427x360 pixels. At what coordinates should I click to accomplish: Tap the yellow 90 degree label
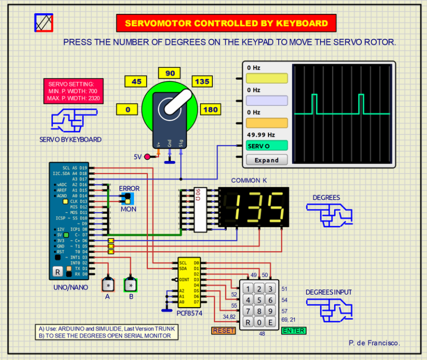[x=170, y=73]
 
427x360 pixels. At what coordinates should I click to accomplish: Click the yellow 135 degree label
[x=202, y=82]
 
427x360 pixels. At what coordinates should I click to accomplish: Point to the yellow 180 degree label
[x=211, y=109]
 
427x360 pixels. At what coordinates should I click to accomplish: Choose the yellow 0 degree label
[x=127, y=109]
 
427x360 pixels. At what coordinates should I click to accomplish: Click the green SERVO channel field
[x=266, y=146]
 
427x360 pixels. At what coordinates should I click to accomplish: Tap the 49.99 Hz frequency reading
[x=261, y=134]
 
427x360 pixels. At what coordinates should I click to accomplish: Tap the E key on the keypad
[x=270, y=323]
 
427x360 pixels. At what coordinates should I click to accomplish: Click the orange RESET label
[x=224, y=331]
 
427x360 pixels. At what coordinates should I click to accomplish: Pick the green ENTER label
[x=294, y=331]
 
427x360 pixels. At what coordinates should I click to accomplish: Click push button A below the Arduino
[x=107, y=285]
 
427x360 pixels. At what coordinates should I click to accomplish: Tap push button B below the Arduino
[x=131, y=285]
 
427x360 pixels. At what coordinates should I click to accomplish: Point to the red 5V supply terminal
[x=147, y=157]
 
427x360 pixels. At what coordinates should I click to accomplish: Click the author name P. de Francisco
[x=374, y=343]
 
